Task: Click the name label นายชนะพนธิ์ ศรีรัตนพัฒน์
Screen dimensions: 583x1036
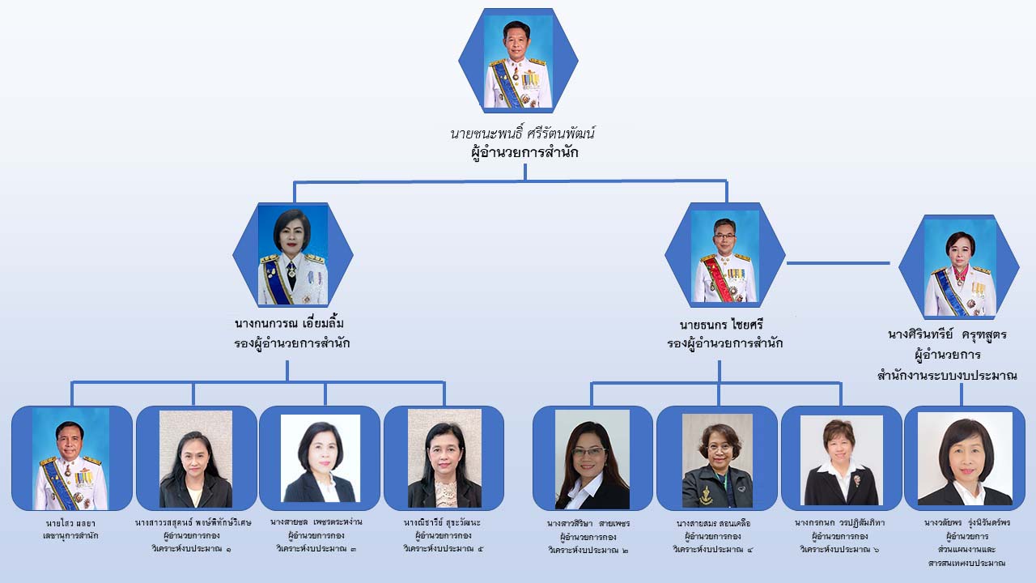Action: [x=524, y=134]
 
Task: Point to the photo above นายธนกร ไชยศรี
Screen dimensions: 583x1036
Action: [x=724, y=256]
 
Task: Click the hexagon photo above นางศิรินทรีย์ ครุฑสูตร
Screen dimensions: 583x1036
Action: [x=960, y=267]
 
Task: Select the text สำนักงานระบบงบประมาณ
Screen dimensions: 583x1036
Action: [x=947, y=376]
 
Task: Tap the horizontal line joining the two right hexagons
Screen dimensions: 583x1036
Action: [x=838, y=262]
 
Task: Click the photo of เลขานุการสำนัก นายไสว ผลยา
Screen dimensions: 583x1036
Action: [x=70, y=458]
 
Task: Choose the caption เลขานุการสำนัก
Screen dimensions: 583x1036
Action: [x=70, y=536]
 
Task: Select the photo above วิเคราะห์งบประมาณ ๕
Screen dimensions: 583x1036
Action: [x=444, y=458]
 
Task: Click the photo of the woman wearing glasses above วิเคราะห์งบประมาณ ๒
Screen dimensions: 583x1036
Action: [x=592, y=458]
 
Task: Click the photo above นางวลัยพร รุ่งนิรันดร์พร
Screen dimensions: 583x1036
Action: [x=964, y=458]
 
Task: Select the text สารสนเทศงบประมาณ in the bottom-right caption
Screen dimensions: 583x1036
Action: [x=966, y=563]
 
